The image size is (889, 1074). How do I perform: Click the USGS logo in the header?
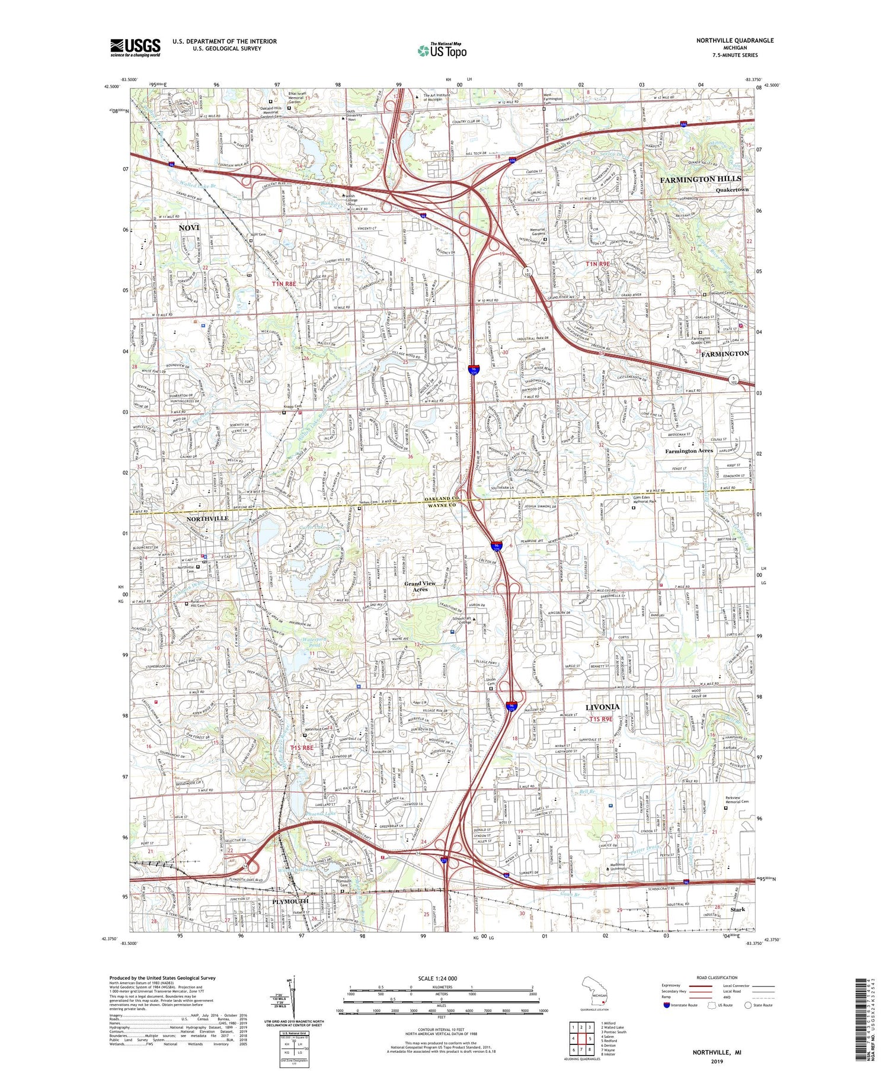pos(135,47)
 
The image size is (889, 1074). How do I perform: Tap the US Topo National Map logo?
pos(442,51)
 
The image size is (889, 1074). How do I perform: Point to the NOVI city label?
pos(189,227)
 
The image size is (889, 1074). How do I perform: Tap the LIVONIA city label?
pos(602,707)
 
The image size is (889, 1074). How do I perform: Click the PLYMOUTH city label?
pos(290,901)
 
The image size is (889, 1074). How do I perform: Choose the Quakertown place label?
pos(732,190)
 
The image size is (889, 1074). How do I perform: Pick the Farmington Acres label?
pos(689,451)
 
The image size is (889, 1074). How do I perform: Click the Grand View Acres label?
pos(420,586)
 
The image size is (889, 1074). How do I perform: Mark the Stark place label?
pos(737,909)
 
